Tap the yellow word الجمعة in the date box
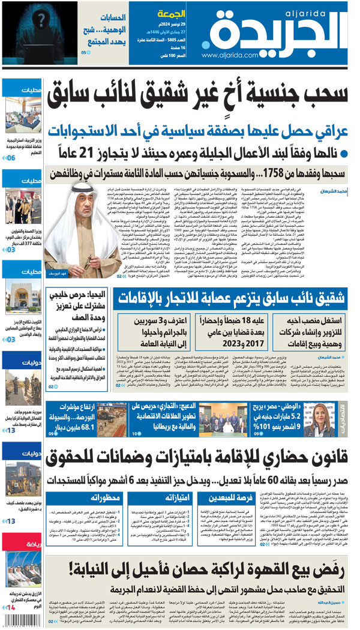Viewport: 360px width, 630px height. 170,13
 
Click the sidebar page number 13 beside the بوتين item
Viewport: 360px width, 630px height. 11,521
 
